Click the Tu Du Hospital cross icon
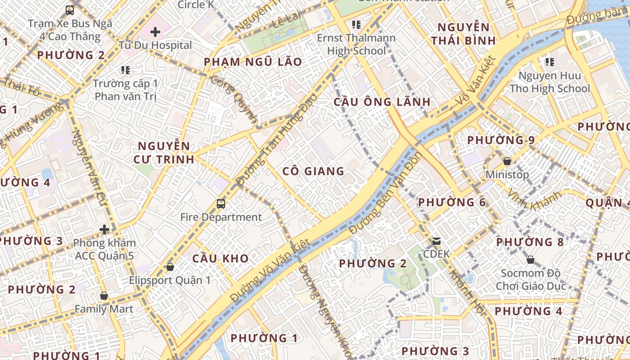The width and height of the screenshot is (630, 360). coord(155,32)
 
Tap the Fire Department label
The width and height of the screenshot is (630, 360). coord(221,217)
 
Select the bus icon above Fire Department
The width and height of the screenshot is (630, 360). coord(221,203)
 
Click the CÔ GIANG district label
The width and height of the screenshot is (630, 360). coord(313,171)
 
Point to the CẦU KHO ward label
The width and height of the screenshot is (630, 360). coord(220,259)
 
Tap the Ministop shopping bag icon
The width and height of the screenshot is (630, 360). coord(507,161)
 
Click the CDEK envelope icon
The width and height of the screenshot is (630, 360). coord(436,241)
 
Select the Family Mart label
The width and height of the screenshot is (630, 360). coord(104,309)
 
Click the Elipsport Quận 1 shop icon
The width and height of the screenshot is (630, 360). coord(170,267)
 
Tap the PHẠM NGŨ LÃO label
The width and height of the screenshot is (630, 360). coord(253,62)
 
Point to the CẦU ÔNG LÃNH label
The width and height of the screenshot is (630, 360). coord(382,102)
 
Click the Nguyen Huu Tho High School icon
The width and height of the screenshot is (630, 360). coord(549,62)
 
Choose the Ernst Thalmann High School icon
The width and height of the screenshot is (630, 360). coord(356,24)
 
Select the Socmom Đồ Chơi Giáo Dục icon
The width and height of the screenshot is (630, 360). coord(531,260)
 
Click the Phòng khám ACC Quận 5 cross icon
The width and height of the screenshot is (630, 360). coord(104,229)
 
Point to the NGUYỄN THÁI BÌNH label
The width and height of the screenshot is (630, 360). coord(463,34)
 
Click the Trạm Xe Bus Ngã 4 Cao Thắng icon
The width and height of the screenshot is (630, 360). coord(70,10)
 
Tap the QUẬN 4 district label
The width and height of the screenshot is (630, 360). coord(607,203)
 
